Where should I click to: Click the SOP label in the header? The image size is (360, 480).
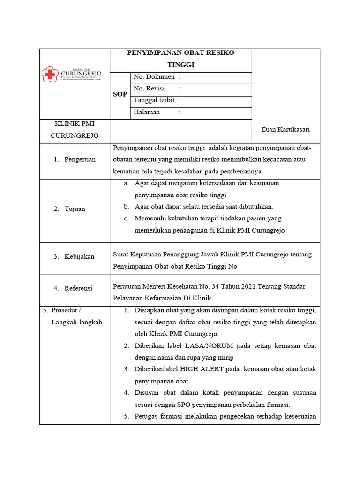click(x=120, y=94)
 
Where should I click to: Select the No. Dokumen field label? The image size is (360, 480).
click(x=154, y=77)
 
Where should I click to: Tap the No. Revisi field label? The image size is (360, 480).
click(x=149, y=89)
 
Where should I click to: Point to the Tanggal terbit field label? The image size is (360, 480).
click(x=154, y=100)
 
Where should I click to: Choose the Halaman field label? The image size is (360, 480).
click(x=147, y=112)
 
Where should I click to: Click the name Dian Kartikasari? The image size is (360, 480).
click(x=285, y=130)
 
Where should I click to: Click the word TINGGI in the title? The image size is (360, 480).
click(x=180, y=65)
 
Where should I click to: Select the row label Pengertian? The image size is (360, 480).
click(x=80, y=159)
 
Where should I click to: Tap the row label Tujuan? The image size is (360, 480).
click(x=75, y=209)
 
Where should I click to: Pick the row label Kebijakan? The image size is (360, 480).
click(x=80, y=256)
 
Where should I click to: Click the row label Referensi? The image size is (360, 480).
click(x=79, y=288)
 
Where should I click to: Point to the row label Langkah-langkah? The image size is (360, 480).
click(x=76, y=322)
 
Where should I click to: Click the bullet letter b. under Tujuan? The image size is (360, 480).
click(x=126, y=207)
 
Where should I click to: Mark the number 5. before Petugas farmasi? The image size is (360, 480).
click(x=127, y=416)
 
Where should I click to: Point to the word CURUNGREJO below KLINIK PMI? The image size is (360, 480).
click(x=75, y=136)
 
